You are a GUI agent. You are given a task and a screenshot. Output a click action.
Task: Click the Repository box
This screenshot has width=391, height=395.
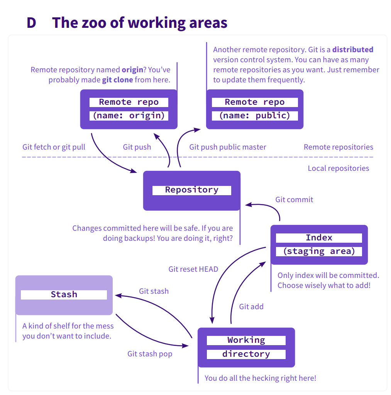coord(192,191)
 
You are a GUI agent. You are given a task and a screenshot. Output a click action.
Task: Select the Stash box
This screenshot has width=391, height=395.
coord(64,295)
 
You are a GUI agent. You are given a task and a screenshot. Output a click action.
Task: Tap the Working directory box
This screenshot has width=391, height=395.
coord(246,347)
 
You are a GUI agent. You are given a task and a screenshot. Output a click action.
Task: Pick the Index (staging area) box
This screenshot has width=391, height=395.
coord(319,245)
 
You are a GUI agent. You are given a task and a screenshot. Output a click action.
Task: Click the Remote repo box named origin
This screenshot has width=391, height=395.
coord(129,109)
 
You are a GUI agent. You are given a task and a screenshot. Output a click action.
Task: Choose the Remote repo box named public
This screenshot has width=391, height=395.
coord(255,109)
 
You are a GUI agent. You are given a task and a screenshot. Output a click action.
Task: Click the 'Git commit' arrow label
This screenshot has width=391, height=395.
coord(294,200)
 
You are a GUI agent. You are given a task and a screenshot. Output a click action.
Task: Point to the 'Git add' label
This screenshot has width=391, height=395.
coord(251,306)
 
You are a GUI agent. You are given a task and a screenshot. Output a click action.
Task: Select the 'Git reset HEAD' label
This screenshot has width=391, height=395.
coord(193,269)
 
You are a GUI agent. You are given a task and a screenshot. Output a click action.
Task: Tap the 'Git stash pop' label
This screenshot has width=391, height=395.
coord(150,354)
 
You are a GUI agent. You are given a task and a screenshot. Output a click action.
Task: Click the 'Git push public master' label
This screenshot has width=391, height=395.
coord(228,147)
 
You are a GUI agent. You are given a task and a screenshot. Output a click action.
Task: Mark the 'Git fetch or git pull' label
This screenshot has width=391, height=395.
coord(54,147)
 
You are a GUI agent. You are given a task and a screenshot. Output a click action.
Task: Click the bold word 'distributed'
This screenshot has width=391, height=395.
coord(353,49)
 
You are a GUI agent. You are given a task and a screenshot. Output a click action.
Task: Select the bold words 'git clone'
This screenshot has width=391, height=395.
coord(117,80)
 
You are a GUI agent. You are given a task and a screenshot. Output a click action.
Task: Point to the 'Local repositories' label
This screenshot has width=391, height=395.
coord(339,168)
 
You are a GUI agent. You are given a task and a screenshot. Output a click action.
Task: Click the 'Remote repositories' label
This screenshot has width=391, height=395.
coord(339,147)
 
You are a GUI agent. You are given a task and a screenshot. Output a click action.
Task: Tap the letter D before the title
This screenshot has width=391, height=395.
coord(31,23)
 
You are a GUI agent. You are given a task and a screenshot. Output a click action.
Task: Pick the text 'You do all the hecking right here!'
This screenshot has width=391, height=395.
coord(260,378)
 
